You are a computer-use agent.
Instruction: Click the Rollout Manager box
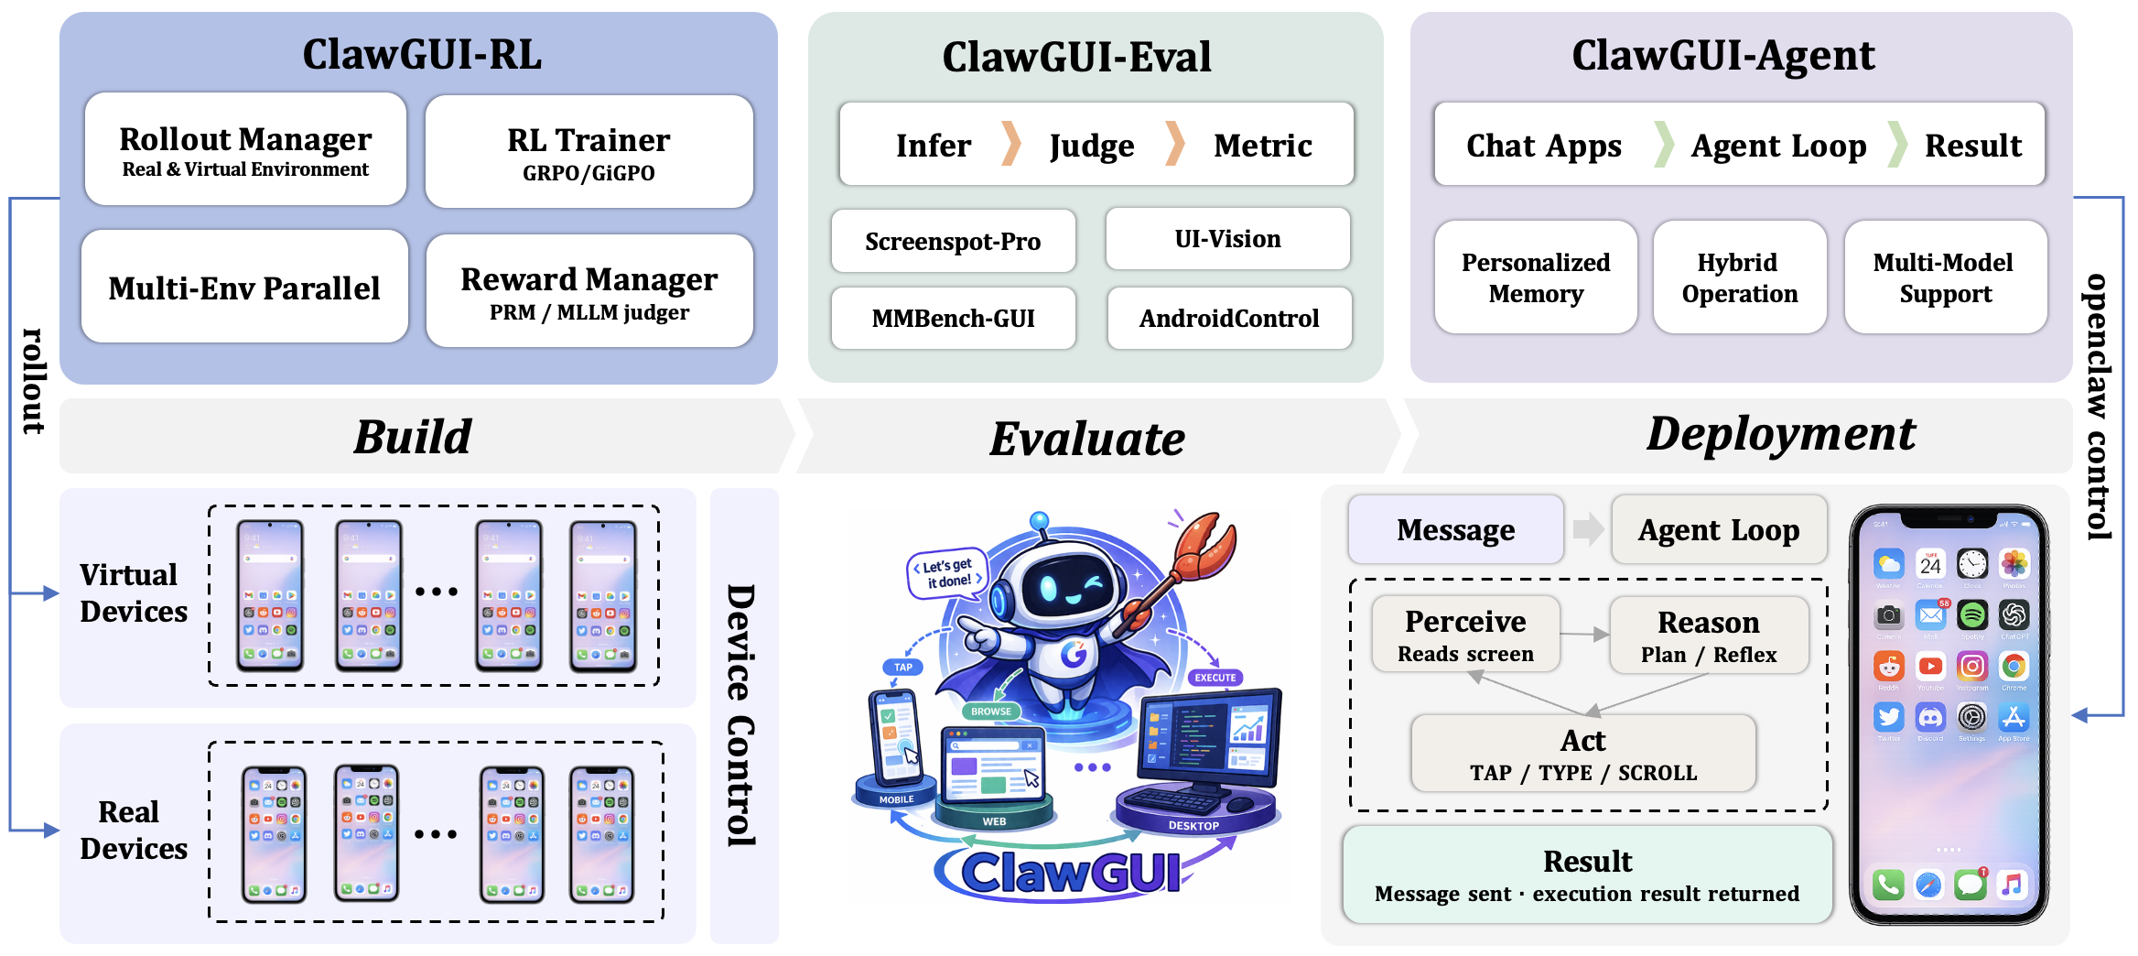(245, 150)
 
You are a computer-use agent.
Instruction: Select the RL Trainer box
(588, 152)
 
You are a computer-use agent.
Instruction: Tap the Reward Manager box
(588, 291)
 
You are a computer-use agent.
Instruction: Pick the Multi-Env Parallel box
(244, 288)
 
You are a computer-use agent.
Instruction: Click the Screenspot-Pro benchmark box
(953, 242)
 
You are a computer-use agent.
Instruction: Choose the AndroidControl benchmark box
(1228, 319)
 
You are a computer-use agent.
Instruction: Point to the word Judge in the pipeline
(1091, 146)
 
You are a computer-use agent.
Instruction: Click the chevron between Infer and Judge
(1010, 144)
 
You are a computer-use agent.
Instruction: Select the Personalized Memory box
(1535, 277)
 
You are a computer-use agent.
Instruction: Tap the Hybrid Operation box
(1739, 277)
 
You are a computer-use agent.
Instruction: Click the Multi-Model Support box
(1944, 277)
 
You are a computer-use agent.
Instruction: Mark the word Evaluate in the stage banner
(1086, 439)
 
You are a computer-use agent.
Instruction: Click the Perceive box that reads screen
(1464, 635)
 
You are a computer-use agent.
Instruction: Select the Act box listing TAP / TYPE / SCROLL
(1582, 754)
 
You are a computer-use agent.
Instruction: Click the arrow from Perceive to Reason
(1584, 634)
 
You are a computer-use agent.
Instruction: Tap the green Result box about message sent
(1586, 875)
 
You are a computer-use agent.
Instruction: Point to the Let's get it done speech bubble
(947, 573)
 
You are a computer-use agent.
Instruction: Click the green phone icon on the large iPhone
(1887, 885)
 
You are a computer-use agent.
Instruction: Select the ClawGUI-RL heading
(421, 55)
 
